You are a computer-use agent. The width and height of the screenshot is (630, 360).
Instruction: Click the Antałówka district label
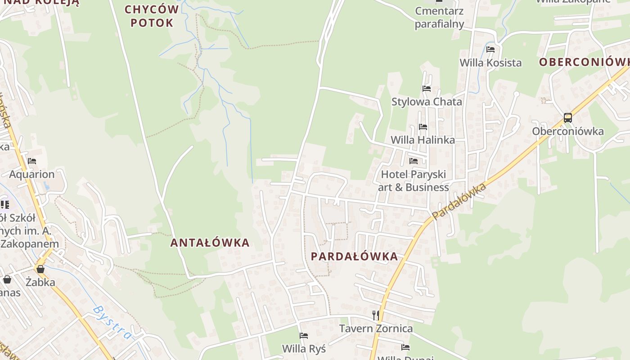(x=210, y=243)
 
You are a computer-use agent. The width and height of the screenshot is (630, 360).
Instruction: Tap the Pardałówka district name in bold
(x=355, y=257)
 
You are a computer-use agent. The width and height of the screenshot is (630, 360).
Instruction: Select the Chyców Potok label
(x=152, y=16)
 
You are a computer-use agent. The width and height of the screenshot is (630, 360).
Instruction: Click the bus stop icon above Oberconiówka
(x=568, y=118)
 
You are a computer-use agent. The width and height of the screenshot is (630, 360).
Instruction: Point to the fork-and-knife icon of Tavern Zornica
(x=376, y=315)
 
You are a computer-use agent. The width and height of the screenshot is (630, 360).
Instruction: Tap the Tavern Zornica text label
(x=376, y=328)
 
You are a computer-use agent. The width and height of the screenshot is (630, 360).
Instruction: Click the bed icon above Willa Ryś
(x=304, y=336)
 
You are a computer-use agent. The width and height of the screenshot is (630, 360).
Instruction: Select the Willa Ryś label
(x=304, y=349)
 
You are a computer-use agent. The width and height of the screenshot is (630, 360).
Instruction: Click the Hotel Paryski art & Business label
(x=414, y=180)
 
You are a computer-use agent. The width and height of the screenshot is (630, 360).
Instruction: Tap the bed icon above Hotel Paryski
(x=414, y=161)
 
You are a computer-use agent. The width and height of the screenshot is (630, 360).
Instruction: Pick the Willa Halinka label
(x=423, y=140)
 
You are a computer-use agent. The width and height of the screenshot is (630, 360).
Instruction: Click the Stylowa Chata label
(x=427, y=102)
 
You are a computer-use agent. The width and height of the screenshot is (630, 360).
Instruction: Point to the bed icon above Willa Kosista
(x=490, y=49)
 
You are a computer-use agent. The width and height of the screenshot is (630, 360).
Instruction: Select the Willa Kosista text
(x=490, y=63)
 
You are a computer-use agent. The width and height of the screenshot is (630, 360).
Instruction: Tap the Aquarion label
(x=32, y=174)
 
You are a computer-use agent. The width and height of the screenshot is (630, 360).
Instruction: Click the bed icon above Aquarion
(x=31, y=161)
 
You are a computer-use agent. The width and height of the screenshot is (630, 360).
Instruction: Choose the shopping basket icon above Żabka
(x=40, y=269)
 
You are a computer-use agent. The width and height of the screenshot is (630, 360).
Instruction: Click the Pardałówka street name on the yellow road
(x=459, y=201)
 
